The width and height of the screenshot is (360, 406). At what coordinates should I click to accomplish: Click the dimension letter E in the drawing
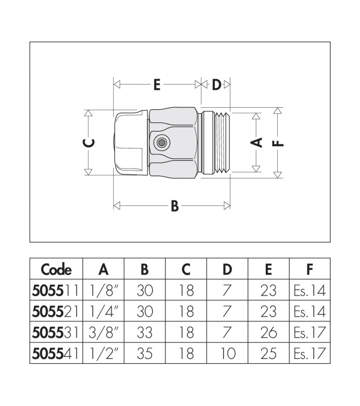[156, 85]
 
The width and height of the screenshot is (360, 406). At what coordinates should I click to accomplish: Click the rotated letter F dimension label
[278, 143]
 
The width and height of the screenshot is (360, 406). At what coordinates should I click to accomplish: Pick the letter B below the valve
[174, 206]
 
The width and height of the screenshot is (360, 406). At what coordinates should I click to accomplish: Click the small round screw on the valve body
[161, 143]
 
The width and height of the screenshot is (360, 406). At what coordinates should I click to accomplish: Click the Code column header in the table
[56, 269]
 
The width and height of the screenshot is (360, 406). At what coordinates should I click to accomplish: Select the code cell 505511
[56, 290]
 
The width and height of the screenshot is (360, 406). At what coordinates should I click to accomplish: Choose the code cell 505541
[56, 354]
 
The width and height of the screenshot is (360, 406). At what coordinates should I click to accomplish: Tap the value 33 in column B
[145, 333]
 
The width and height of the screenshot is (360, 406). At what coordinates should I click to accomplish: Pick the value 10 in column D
[227, 354]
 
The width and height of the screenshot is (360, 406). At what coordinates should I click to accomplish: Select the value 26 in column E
[269, 333]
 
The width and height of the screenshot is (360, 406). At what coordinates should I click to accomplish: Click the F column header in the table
[310, 269]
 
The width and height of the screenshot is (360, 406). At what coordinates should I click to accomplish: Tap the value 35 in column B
[145, 354]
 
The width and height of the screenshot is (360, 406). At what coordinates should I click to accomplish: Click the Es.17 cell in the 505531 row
[310, 333]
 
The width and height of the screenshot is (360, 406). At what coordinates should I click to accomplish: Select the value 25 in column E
[269, 354]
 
